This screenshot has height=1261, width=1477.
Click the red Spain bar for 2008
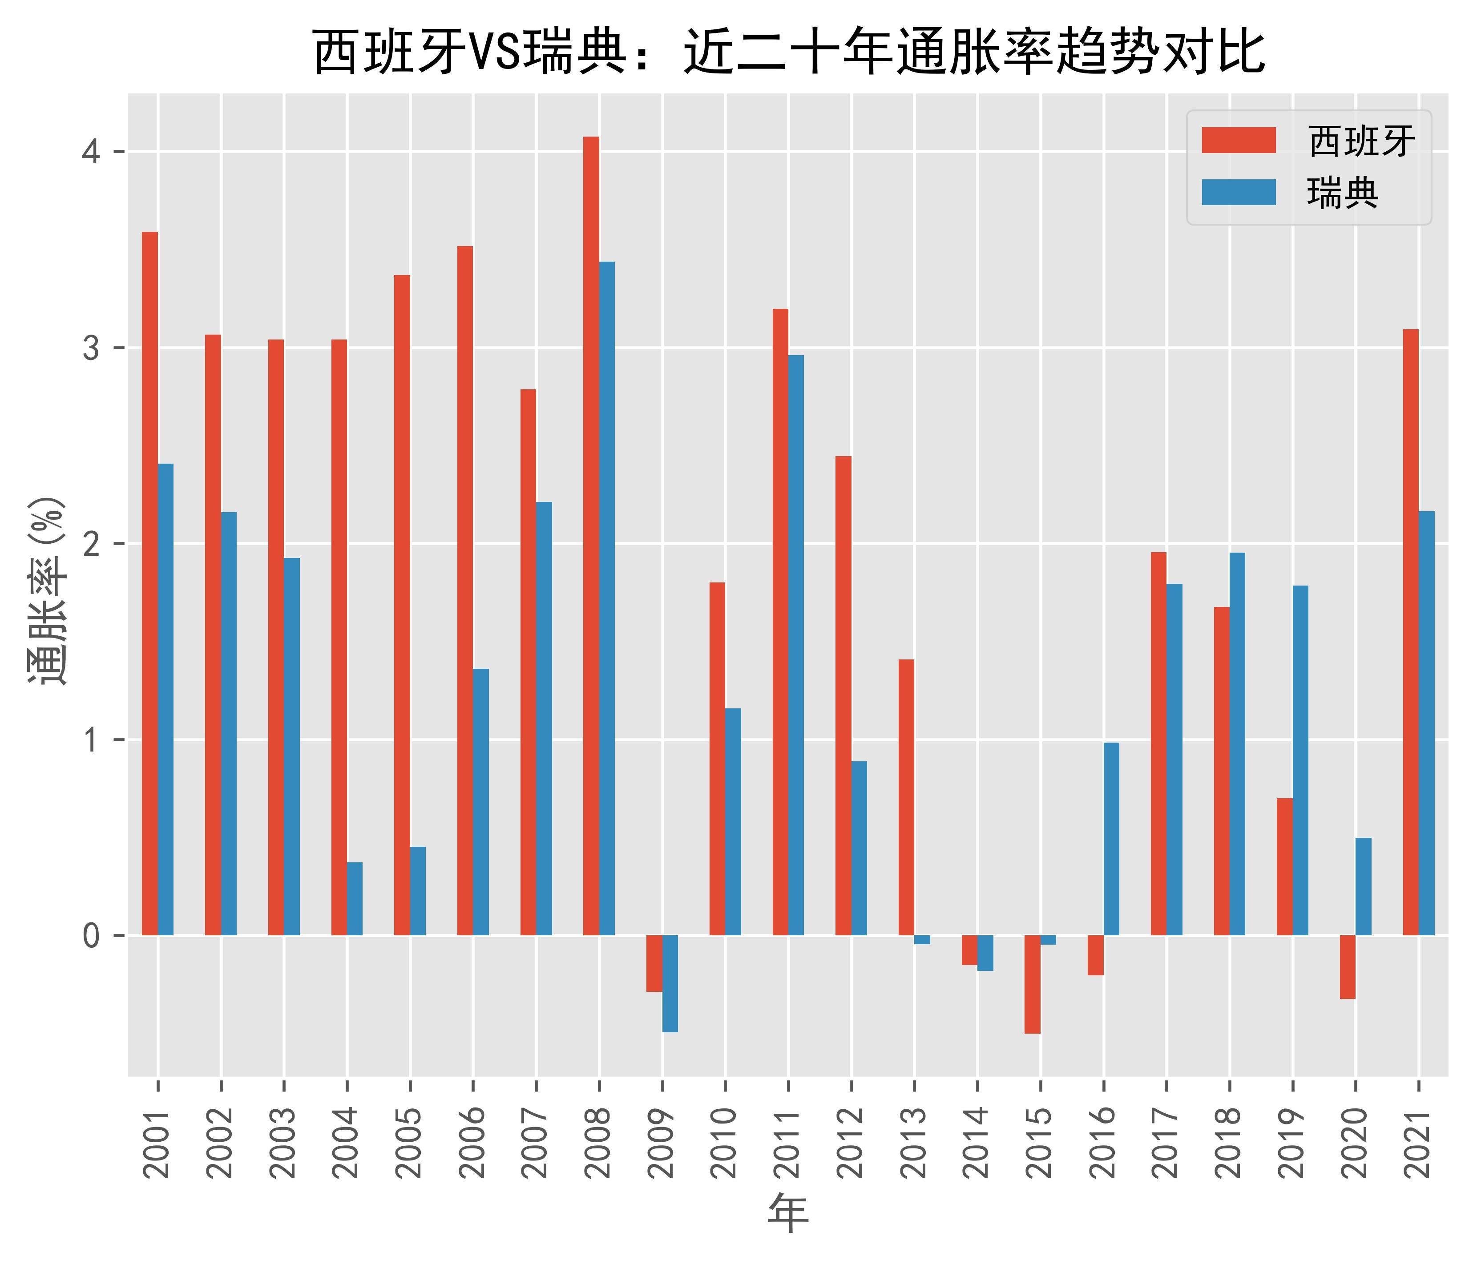click(x=591, y=535)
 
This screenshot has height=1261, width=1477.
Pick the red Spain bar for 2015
click(x=1032, y=984)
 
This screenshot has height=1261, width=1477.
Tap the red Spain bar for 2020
click(x=1347, y=966)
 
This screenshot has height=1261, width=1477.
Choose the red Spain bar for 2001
click(x=149, y=583)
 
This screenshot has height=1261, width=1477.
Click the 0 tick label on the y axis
click(x=91, y=935)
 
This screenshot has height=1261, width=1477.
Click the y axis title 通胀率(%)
click(x=47, y=592)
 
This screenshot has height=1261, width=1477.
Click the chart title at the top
click(x=788, y=51)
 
